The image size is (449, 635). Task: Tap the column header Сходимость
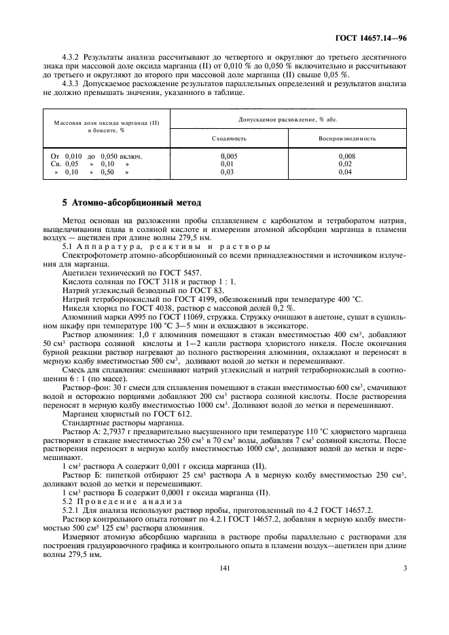pos(228,137)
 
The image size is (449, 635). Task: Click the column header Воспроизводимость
pos(347,137)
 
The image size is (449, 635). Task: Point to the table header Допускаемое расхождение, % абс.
pos(288,119)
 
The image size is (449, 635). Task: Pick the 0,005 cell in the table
pos(228,155)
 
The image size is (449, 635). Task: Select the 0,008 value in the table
pos(347,155)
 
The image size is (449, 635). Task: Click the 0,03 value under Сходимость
pos(228,172)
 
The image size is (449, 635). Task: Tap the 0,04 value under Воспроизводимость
pos(347,172)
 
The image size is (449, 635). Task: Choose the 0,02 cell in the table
pos(347,164)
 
